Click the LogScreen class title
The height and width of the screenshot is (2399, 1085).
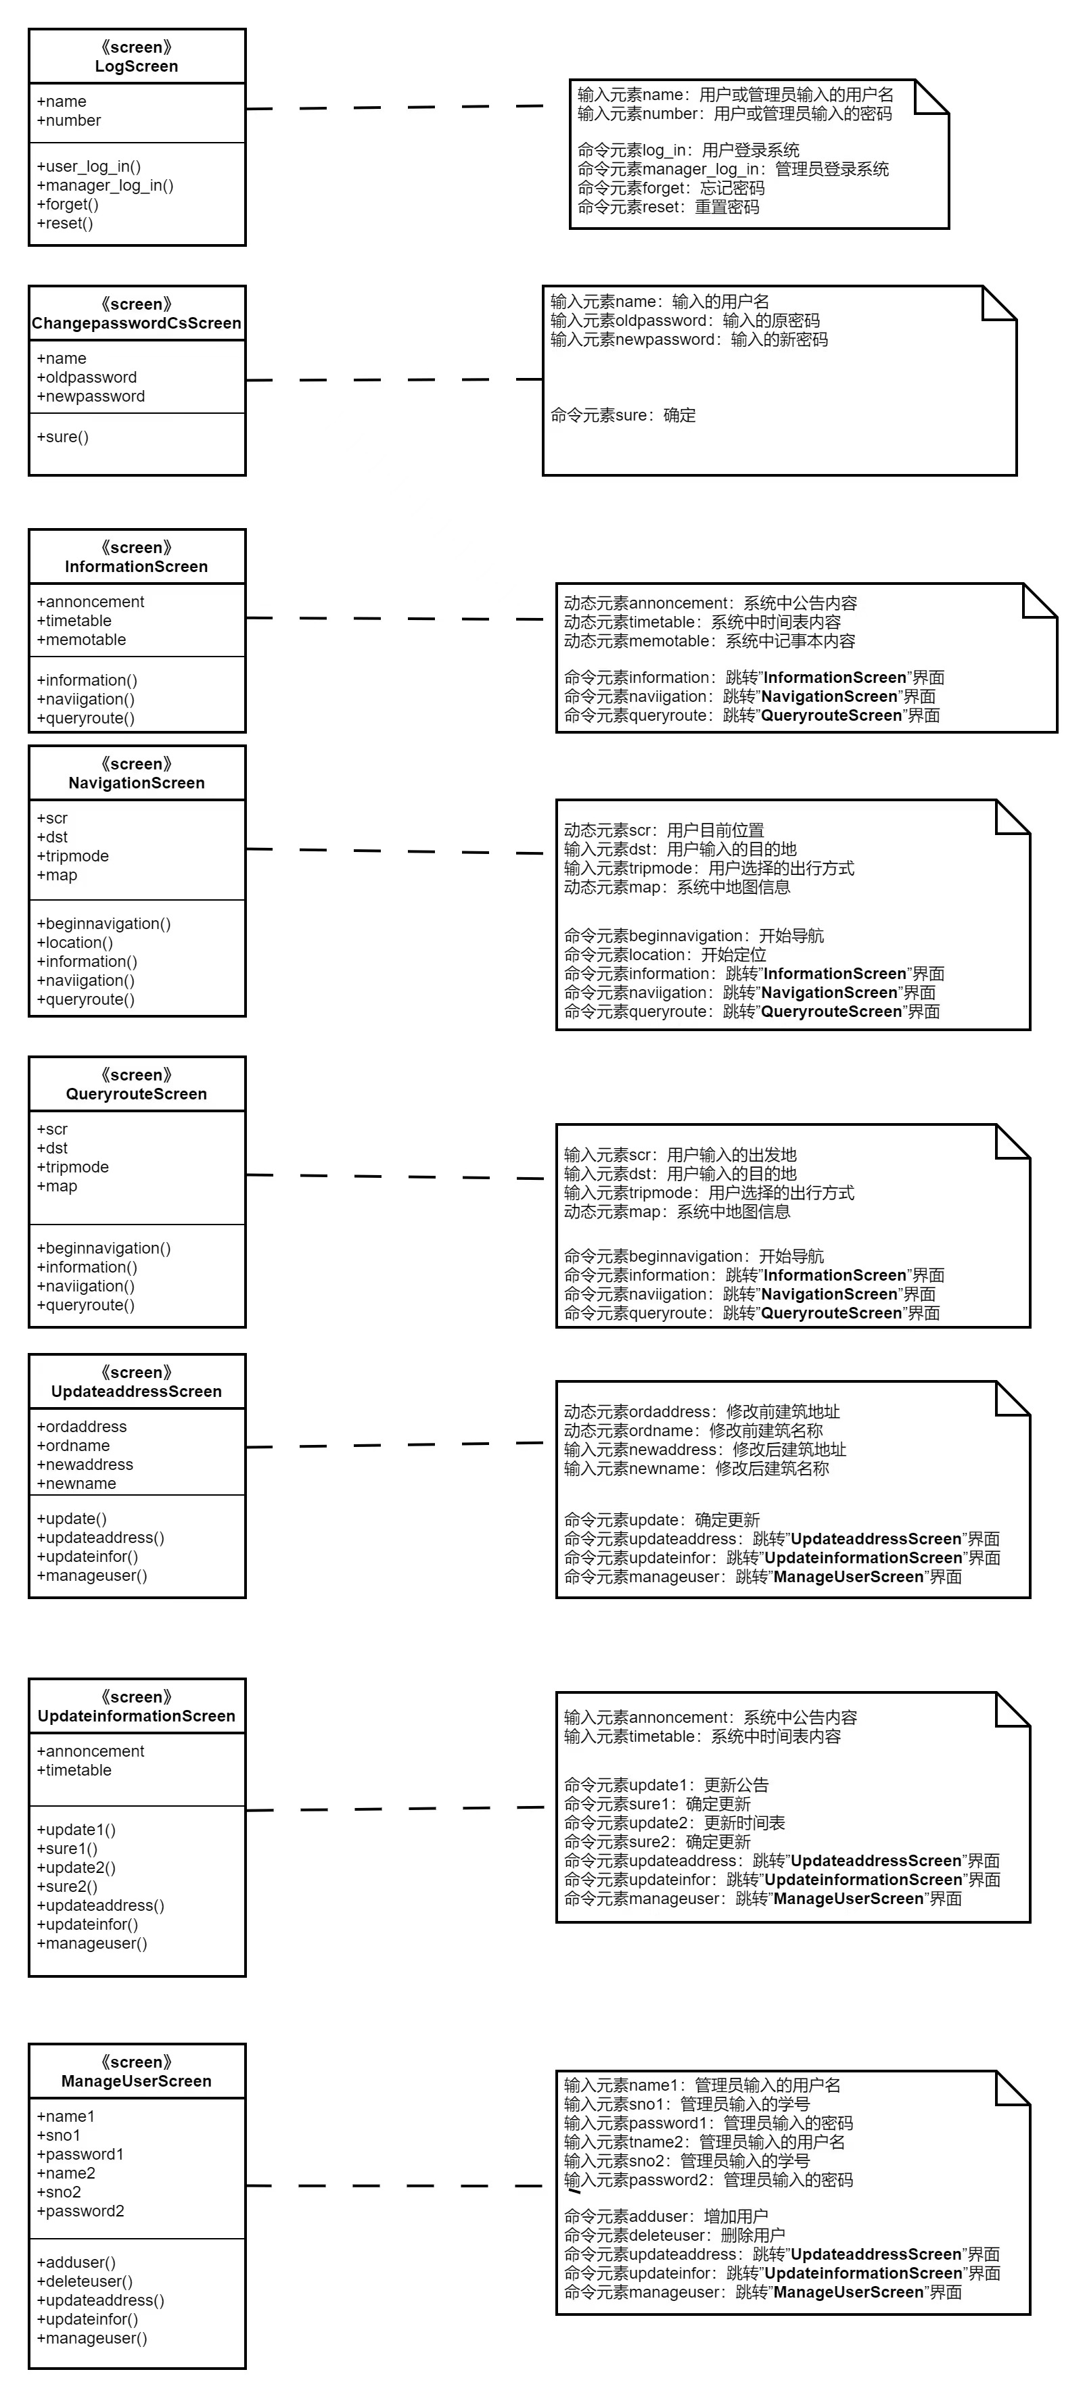coord(136,66)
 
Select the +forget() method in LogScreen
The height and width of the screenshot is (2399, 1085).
coord(68,204)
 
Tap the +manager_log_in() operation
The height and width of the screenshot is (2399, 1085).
coord(106,185)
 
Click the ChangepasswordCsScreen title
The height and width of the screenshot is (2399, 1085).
coord(136,323)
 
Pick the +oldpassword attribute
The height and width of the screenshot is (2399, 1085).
coord(87,377)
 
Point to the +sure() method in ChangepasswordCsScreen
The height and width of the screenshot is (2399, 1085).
coord(62,437)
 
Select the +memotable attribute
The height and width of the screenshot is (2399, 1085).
coord(81,640)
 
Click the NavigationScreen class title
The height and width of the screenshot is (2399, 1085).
coord(136,783)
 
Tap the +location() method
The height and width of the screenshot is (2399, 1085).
coord(74,943)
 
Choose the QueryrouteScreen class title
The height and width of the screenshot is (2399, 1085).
coord(136,1094)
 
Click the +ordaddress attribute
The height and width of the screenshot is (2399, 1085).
coord(82,1427)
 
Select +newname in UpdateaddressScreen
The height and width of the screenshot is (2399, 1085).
coord(76,1483)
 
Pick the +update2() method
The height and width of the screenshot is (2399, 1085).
coord(76,1868)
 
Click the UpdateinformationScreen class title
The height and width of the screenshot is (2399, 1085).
coord(136,1716)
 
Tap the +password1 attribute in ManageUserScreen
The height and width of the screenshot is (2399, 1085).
coord(80,2154)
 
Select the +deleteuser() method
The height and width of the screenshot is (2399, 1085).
coord(85,2281)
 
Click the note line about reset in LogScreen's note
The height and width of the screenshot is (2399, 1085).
coord(668,207)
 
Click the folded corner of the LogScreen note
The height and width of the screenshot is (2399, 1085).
coord(931,97)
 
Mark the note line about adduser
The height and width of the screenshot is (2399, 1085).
coord(666,2216)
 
